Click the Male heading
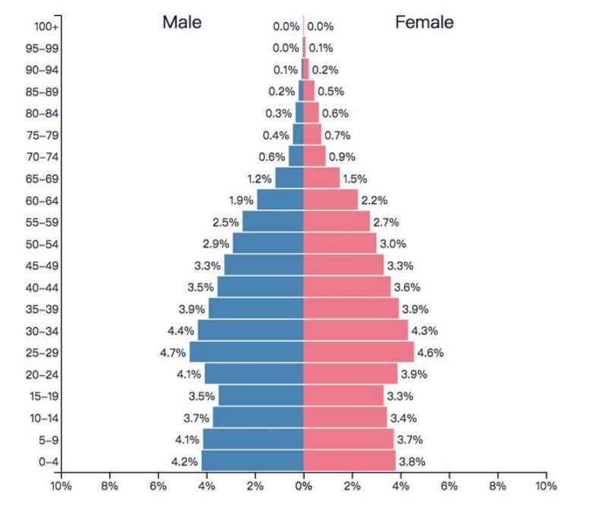click(x=182, y=22)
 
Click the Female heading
click(x=424, y=22)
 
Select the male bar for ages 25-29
click(x=246, y=352)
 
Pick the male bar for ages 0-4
click(x=252, y=461)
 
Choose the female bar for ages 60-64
click(x=330, y=200)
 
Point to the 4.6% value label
click(x=431, y=353)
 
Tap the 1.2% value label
click(x=259, y=179)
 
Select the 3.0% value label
click(x=393, y=244)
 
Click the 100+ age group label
click(x=46, y=27)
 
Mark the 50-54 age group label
click(x=43, y=244)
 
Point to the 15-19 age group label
click(x=43, y=396)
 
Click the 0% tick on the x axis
click(x=303, y=486)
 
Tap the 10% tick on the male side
click(x=61, y=486)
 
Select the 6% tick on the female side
click(x=448, y=486)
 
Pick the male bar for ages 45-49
click(x=264, y=266)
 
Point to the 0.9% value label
click(x=342, y=157)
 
